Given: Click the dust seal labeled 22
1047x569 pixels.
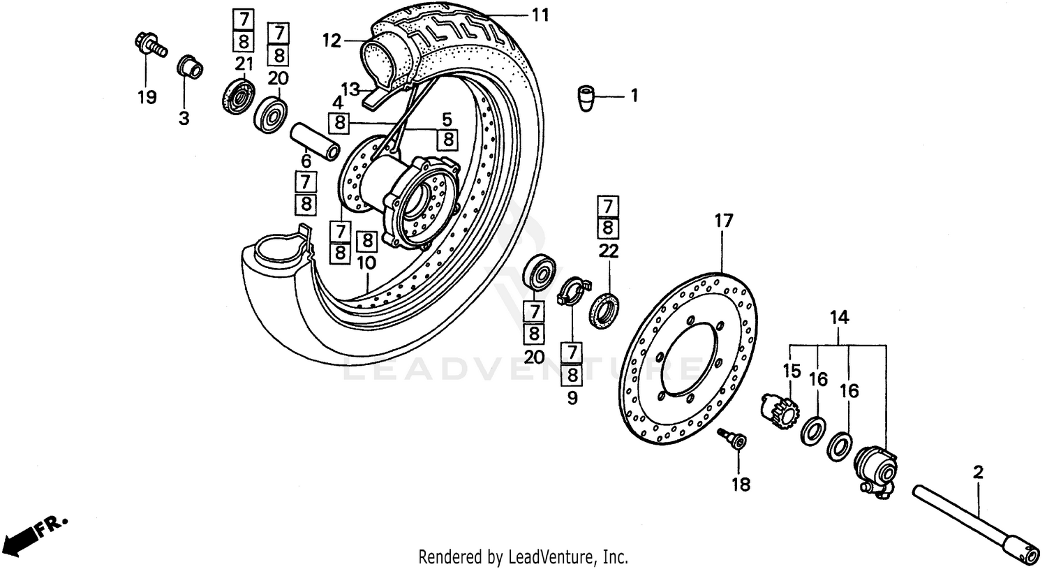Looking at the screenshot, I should point(604,310).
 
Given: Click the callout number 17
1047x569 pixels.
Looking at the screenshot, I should point(724,221).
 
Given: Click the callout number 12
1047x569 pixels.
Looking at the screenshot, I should point(332,41).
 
